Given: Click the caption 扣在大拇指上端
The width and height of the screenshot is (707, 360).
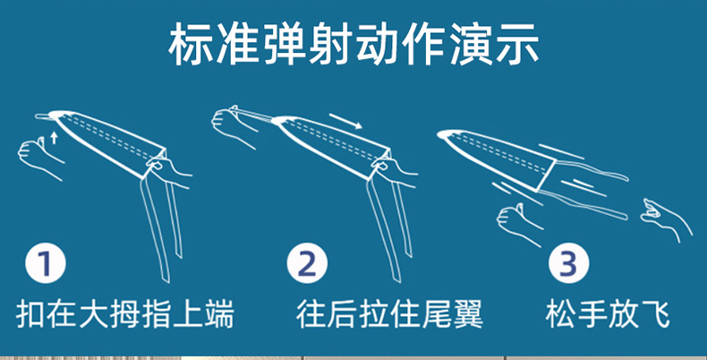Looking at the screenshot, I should (125, 315).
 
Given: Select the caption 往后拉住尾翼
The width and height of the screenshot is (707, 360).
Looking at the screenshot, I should (389, 315).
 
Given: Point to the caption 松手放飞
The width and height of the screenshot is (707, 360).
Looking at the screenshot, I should (608, 315).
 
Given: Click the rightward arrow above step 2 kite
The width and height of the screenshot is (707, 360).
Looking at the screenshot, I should (345, 120).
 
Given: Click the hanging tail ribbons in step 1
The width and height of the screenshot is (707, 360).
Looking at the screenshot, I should (161, 224).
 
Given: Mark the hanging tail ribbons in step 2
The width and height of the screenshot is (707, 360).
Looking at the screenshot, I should (389, 224).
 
